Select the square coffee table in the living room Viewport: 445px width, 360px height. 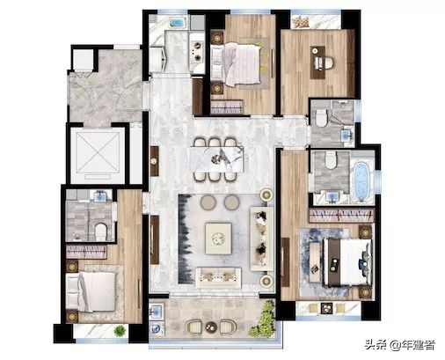[x=218, y=239]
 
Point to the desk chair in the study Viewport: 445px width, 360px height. [x=328, y=62]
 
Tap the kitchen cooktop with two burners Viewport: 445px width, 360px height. [x=197, y=50]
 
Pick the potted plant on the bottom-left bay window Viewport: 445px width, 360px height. [x=120, y=331]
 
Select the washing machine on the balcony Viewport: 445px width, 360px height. [x=156, y=327]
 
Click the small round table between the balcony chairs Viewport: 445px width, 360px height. [x=211, y=327]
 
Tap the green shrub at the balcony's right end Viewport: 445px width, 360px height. [x=263, y=319]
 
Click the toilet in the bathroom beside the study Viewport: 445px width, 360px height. [x=321, y=117]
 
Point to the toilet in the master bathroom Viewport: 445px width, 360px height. [x=331, y=161]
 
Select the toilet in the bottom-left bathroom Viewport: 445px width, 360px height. [x=100, y=232]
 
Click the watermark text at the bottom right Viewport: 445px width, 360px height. [x=400, y=345]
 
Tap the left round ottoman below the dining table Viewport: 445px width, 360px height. [x=208, y=202]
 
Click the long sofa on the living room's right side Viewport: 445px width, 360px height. [x=262, y=239]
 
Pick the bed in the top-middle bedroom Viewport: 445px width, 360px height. [x=236, y=64]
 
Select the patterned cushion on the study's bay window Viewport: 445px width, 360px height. [x=301, y=22]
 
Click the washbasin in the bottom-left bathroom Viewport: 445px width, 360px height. [x=100, y=196]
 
